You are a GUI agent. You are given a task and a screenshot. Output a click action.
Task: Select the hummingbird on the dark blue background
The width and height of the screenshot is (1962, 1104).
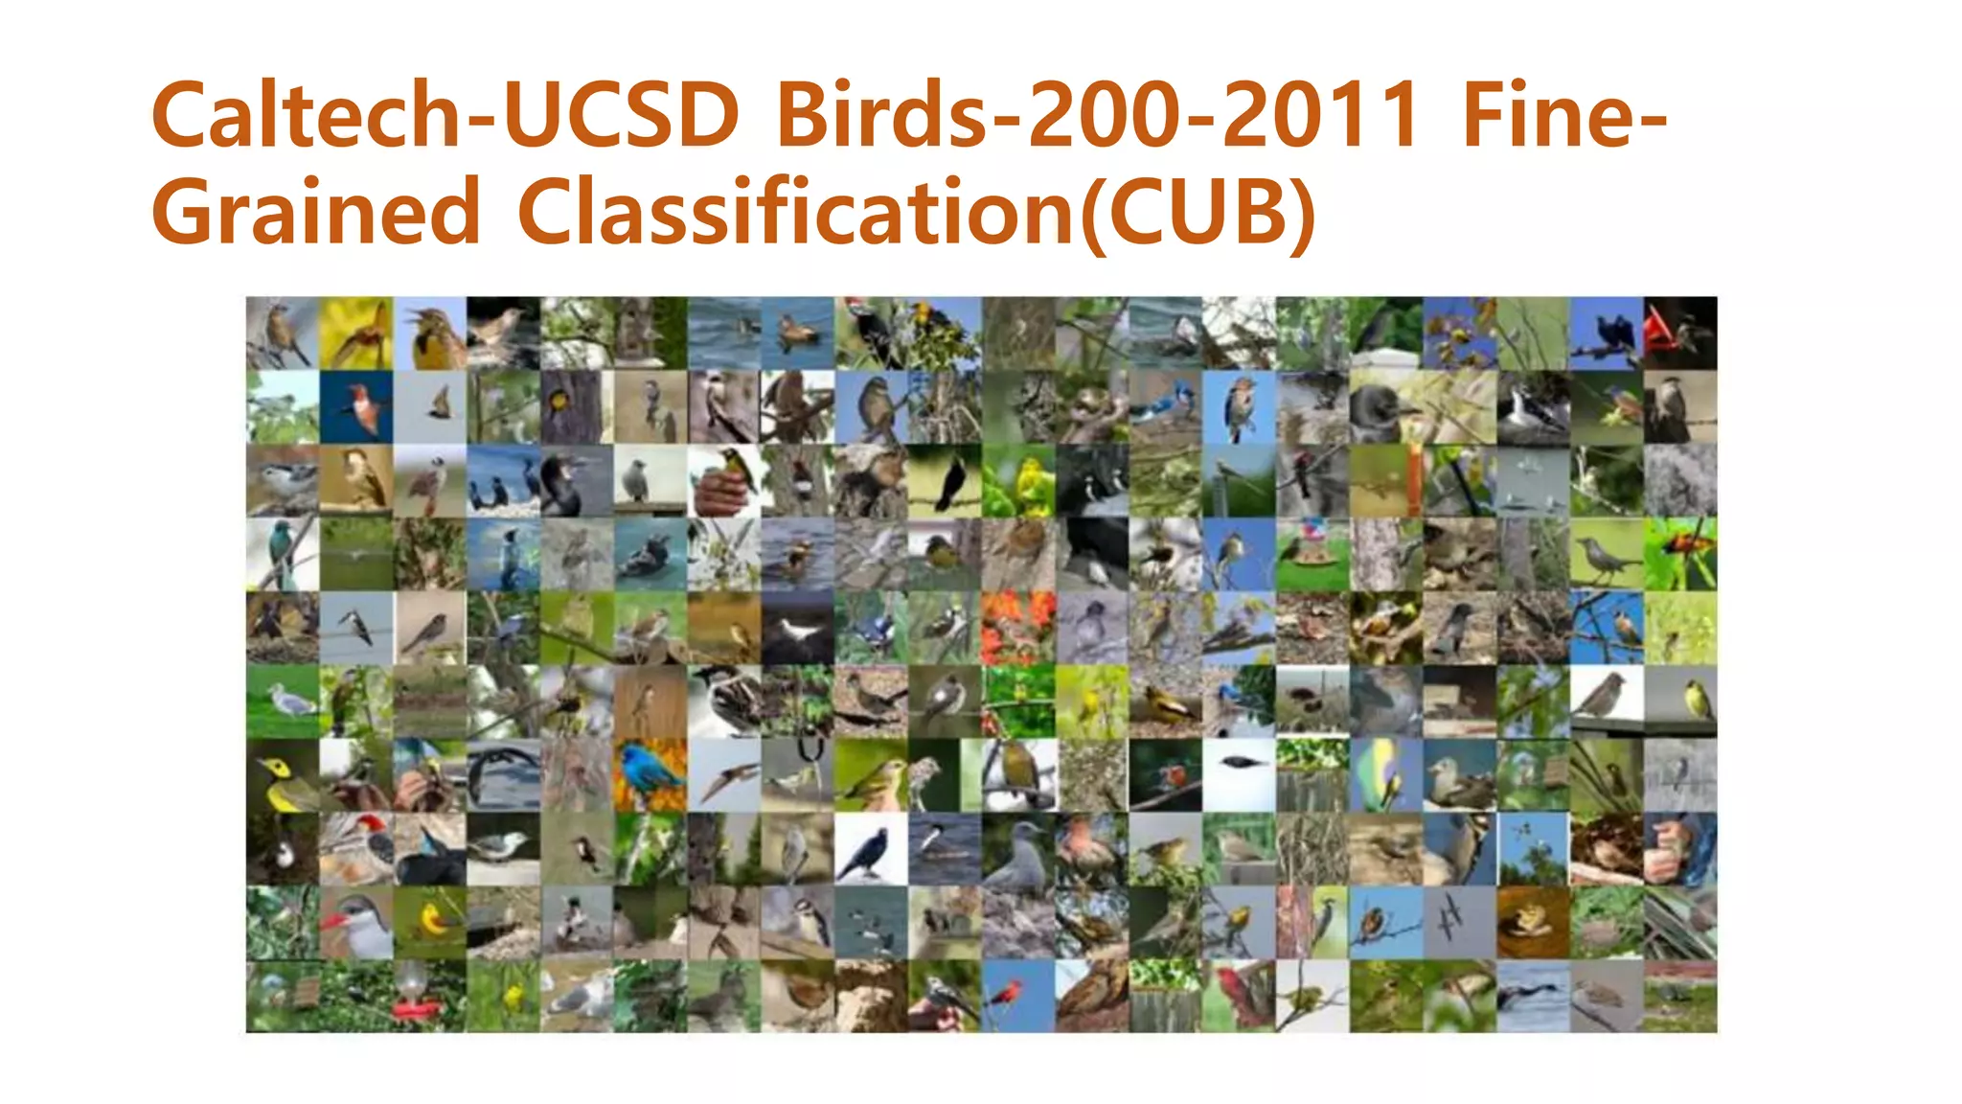(x=358, y=407)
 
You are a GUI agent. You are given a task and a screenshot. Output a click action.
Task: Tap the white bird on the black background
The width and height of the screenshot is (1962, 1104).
(x=798, y=629)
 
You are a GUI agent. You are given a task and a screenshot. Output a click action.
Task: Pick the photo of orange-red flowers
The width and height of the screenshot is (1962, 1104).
(x=1017, y=627)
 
